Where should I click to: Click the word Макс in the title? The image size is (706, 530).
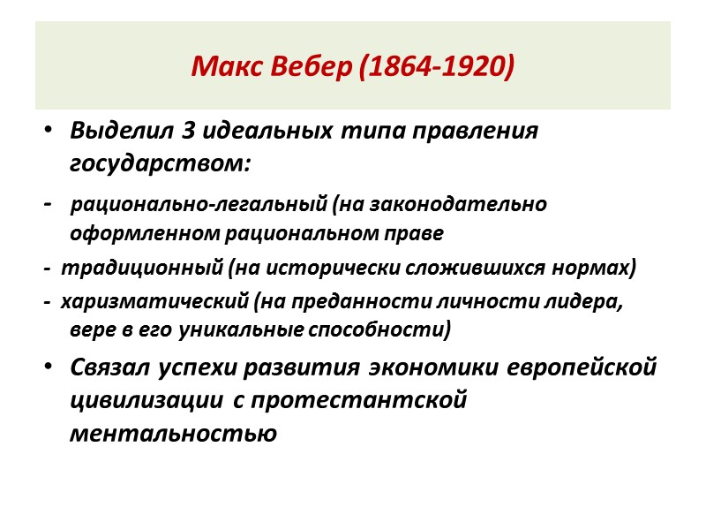coord(220,67)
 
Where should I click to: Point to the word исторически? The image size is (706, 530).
coord(347,267)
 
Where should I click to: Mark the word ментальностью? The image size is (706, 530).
coord(173,433)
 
